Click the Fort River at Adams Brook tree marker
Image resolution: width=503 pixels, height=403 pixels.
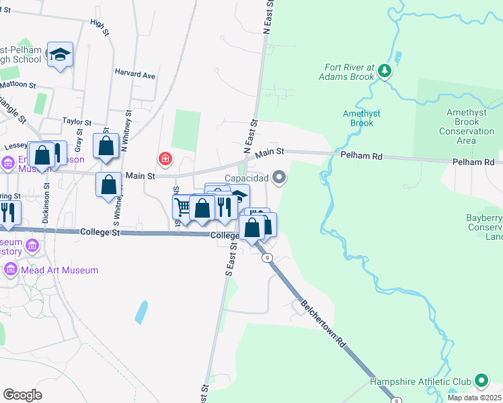pyautogui.click(x=384, y=70)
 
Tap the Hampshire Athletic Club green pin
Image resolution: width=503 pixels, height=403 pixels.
pyautogui.click(x=481, y=382)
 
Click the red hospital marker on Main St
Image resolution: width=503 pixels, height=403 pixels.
pyautogui.click(x=164, y=159)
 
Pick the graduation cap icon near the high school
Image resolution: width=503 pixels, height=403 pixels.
pyautogui.click(x=60, y=54)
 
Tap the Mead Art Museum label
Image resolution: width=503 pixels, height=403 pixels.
pyautogui.click(x=60, y=270)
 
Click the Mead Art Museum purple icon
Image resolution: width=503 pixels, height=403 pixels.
pyautogui.click(x=11, y=270)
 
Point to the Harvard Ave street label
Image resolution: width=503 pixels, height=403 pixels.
pyautogui.click(x=134, y=74)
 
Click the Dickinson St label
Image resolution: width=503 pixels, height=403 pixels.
pyautogui.click(x=46, y=208)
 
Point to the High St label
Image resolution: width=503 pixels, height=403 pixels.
pyautogui.click(x=99, y=24)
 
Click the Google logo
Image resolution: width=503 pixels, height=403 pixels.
pyautogui.click(x=22, y=394)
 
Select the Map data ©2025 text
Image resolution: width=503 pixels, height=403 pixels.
pyautogui.click(x=473, y=398)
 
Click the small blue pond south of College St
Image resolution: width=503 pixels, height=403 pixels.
pyautogui.click(x=141, y=312)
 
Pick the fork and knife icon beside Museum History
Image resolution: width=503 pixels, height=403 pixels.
pyautogui.click(x=9, y=212)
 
